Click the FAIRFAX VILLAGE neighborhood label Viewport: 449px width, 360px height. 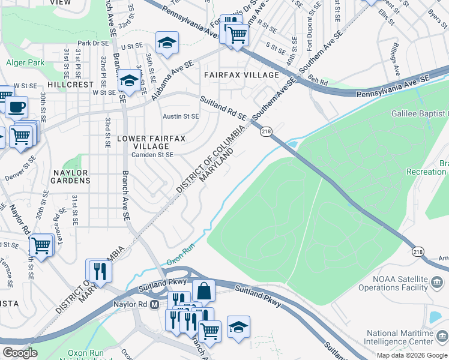[241, 75]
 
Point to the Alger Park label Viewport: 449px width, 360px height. [25, 62]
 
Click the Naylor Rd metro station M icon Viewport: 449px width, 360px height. [154, 304]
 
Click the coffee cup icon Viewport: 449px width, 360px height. [16, 107]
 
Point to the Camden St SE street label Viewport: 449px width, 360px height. [152, 155]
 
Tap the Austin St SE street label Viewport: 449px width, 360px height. [181, 116]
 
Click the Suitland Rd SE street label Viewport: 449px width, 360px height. [223, 108]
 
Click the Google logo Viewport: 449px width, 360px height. [20, 353]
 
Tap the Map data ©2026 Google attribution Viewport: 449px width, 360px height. [412, 355]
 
